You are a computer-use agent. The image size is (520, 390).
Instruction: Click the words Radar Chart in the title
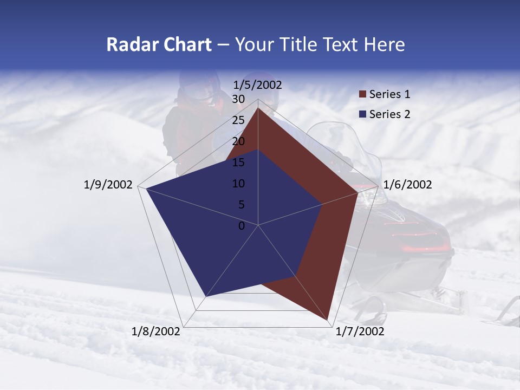(x=159, y=44)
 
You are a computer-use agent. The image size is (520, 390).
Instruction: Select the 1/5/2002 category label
(x=258, y=84)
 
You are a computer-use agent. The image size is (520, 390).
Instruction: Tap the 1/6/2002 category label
(x=407, y=185)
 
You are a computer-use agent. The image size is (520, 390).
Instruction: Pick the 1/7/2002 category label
(x=360, y=331)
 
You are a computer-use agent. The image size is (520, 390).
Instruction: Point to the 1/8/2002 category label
(x=156, y=331)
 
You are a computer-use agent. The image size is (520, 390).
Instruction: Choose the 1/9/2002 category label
(x=108, y=185)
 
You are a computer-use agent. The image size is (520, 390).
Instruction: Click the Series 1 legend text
(x=389, y=94)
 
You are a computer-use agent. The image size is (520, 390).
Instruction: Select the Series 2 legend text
(x=389, y=114)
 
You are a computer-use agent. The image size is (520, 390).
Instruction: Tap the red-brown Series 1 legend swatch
(x=362, y=95)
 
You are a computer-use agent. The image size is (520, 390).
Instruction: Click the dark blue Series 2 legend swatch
(x=362, y=114)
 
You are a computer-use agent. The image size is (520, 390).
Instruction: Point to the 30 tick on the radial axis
(x=238, y=99)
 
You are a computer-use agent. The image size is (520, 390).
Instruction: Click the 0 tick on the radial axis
(x=242, y=225)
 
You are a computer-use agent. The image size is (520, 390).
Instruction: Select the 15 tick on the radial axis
(x=238, y=162)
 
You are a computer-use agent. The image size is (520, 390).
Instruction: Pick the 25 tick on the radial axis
(x=238, y=120)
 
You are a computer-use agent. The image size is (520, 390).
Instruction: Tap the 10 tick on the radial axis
(x=238, y=184)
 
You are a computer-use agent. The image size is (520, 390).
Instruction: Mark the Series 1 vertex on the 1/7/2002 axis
(x=328, y=320)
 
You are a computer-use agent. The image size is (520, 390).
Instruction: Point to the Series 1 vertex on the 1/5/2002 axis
(x=258, y=108)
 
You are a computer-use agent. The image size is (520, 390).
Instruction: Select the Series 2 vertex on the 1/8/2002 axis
(x=205, y=297)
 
